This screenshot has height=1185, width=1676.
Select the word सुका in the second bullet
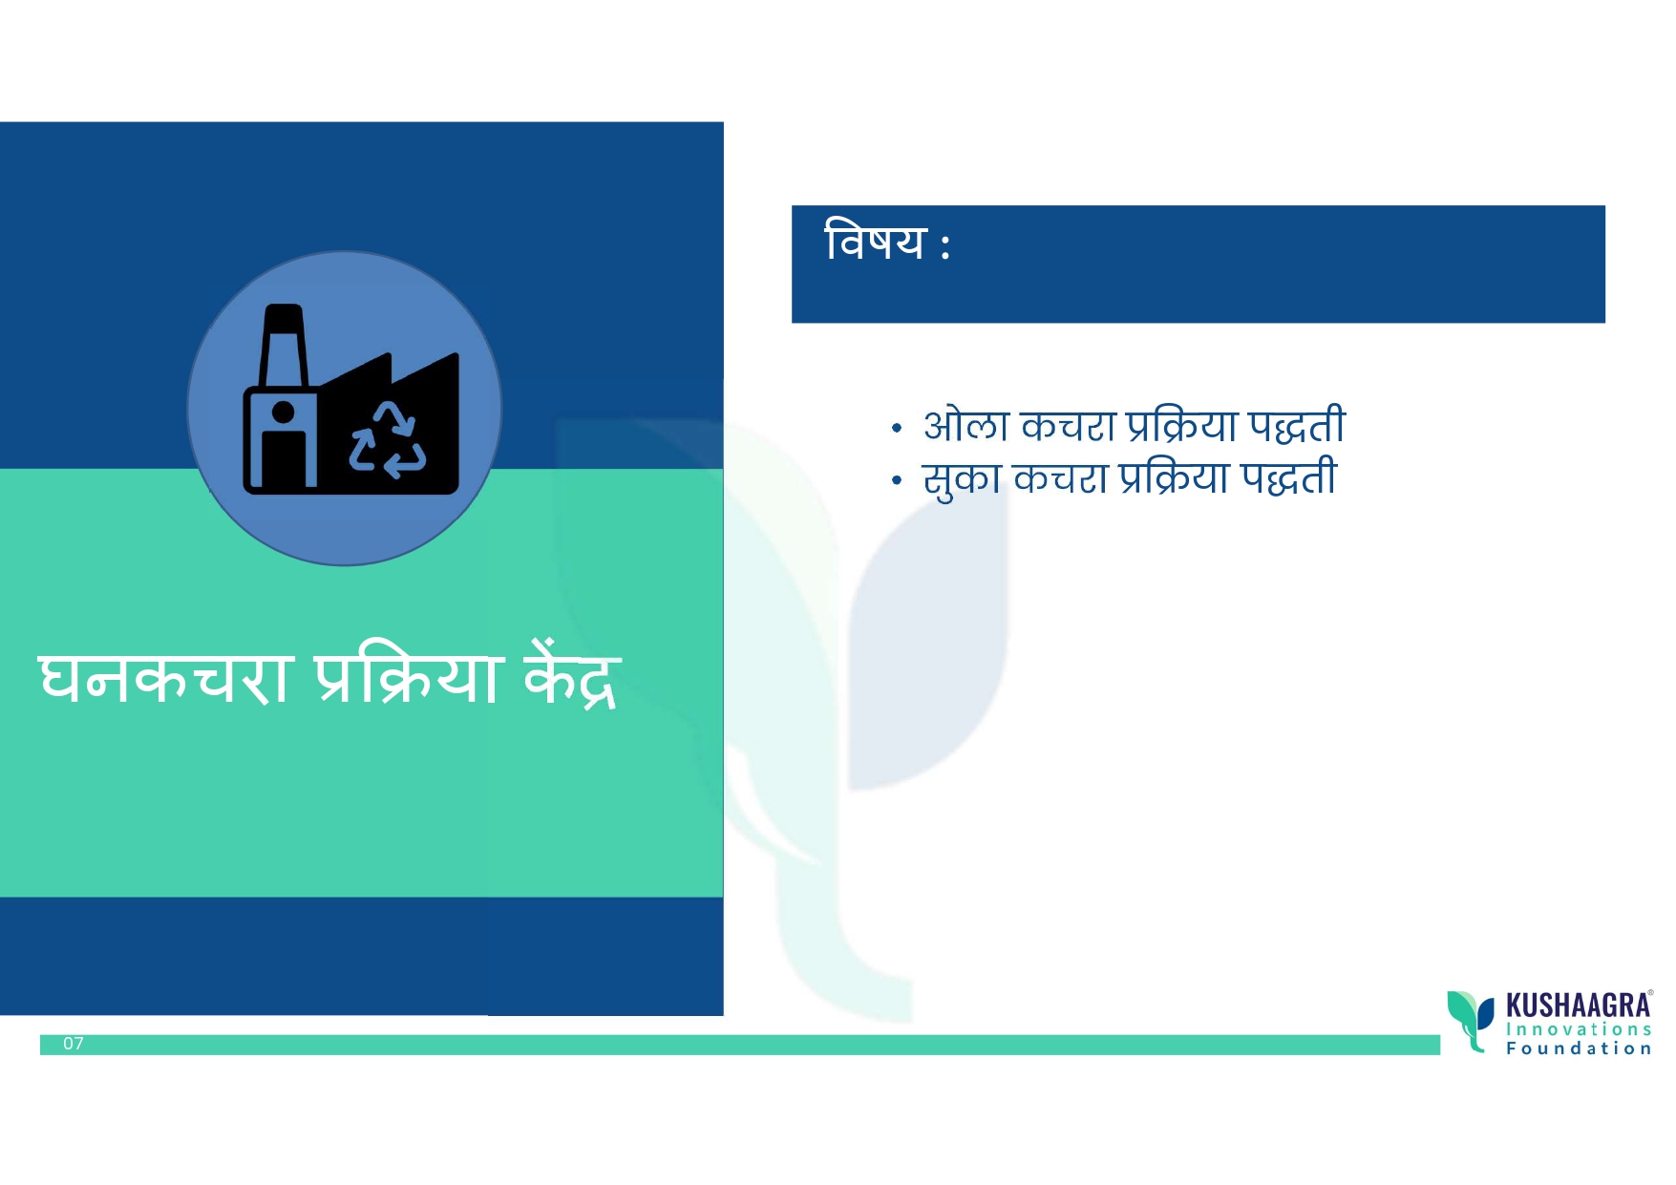coord(962,478)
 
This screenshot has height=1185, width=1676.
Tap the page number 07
coord(74,1044)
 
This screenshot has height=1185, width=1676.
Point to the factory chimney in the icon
coord(284,346)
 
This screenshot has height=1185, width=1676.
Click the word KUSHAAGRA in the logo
coord(1578,1005)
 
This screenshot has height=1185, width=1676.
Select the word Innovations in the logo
coord(1579,1029)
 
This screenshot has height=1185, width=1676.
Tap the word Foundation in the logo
coord(1579,1048)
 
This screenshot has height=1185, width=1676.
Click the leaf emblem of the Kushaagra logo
coord(1471,1020)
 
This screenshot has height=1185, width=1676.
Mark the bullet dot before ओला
coord(896,429)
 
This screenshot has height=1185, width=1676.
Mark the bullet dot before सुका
coord(896,481)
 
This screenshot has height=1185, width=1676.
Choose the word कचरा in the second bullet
coord(1060,478)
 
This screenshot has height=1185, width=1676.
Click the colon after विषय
coord(944,244)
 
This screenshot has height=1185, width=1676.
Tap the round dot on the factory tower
coord(283,413)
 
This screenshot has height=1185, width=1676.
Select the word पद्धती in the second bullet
coord(1289,477)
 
